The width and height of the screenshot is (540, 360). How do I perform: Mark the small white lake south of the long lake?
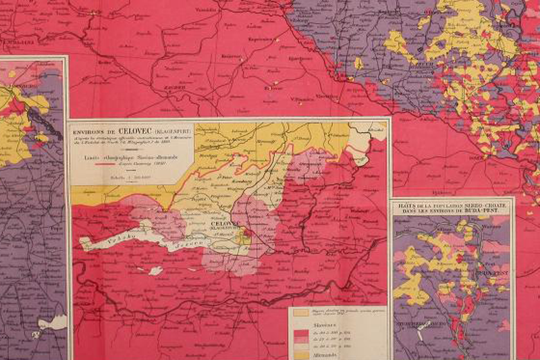click(x=155, y=271)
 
